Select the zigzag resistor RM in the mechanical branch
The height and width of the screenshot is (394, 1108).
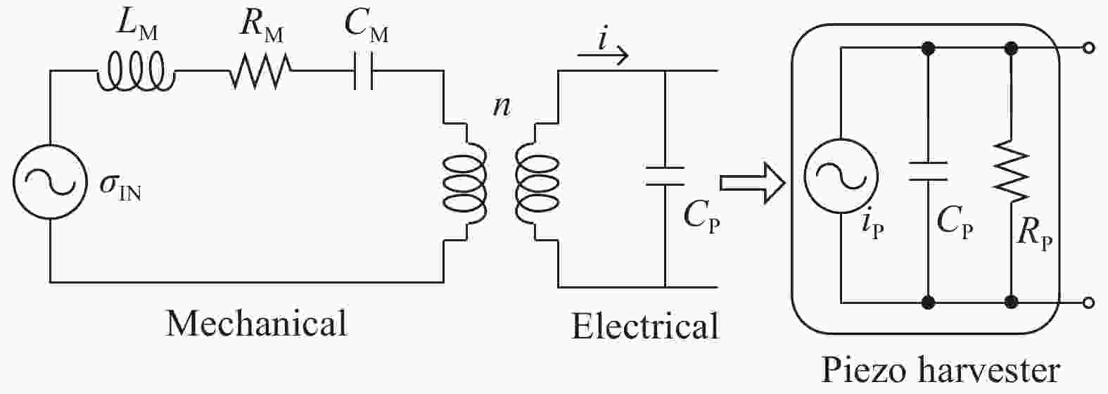260,71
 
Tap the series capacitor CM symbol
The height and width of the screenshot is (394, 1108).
362,71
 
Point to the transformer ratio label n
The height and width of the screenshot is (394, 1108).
501,108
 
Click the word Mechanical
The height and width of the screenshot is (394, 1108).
257,324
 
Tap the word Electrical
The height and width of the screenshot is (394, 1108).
645,327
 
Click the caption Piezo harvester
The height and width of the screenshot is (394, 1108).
941,371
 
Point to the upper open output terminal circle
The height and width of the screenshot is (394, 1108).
1089,49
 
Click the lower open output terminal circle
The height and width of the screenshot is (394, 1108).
1089,303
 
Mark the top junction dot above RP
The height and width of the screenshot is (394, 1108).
1011,49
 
